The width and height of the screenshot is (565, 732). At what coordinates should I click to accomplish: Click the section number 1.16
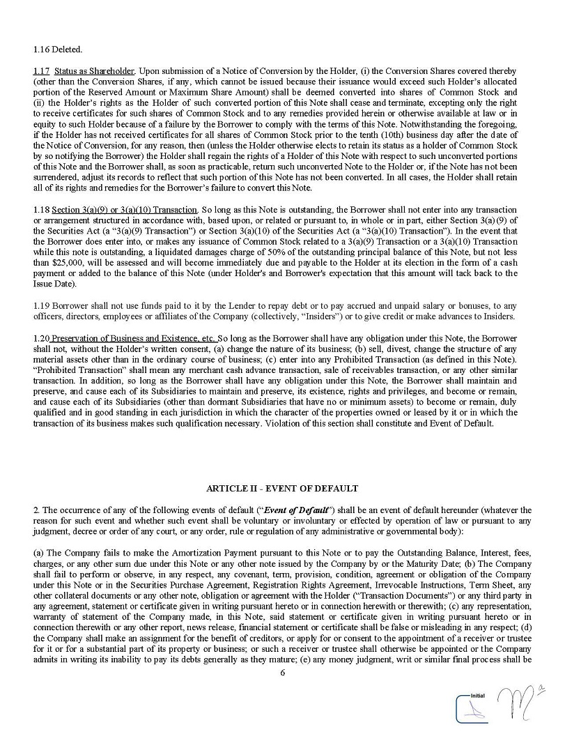(x=40, y=49)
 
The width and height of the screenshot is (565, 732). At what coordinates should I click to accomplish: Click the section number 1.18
(x=40, y=210)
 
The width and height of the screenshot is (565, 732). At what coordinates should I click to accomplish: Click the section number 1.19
(x=40, y=305)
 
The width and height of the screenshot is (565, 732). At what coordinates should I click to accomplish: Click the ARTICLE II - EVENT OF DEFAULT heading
(x=282, y=489)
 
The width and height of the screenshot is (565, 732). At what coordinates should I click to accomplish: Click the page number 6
(x=282, y=673)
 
